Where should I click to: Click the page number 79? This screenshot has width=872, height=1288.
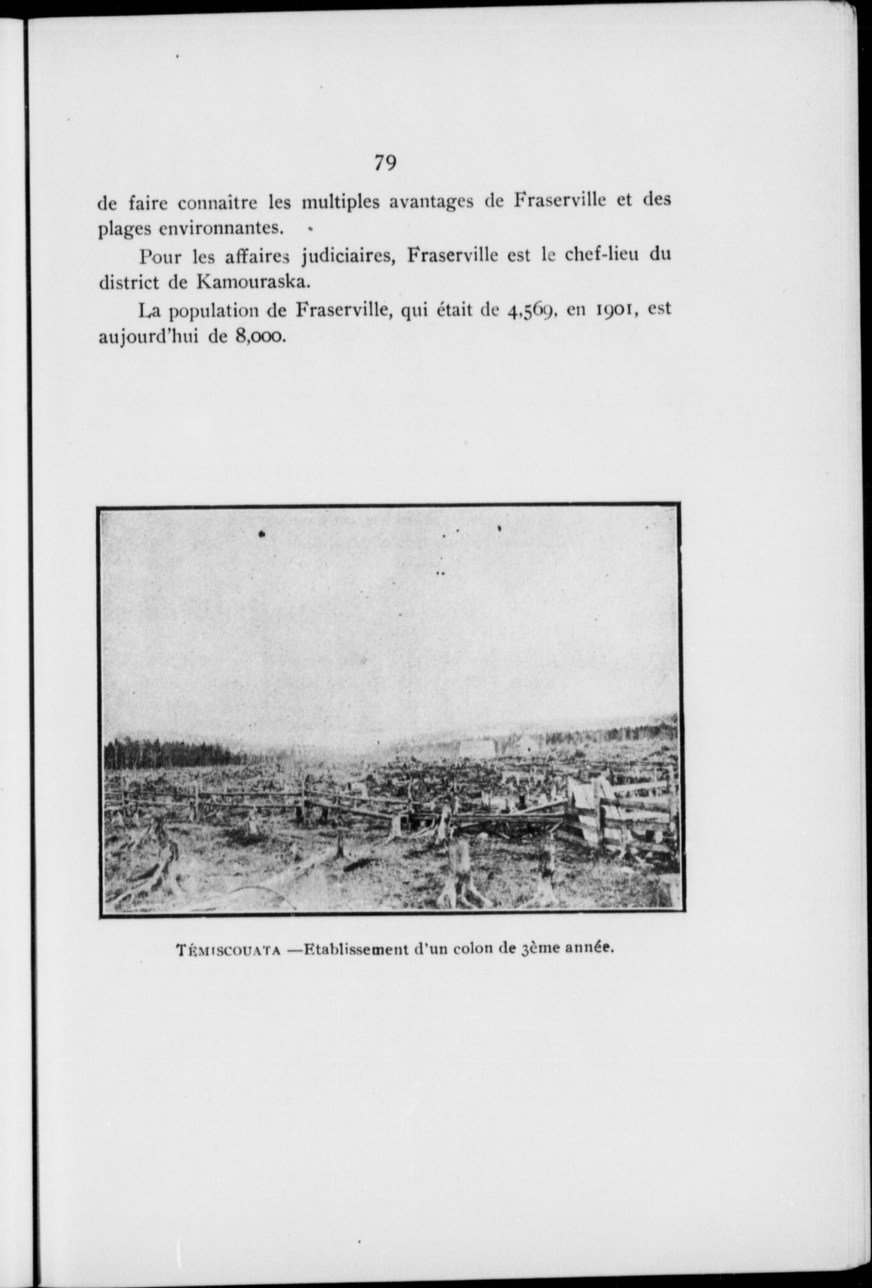(385, 163)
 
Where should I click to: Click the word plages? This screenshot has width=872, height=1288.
(124, 230)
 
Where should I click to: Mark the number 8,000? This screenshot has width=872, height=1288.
(258, 337)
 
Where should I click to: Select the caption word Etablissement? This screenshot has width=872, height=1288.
(357, 965)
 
